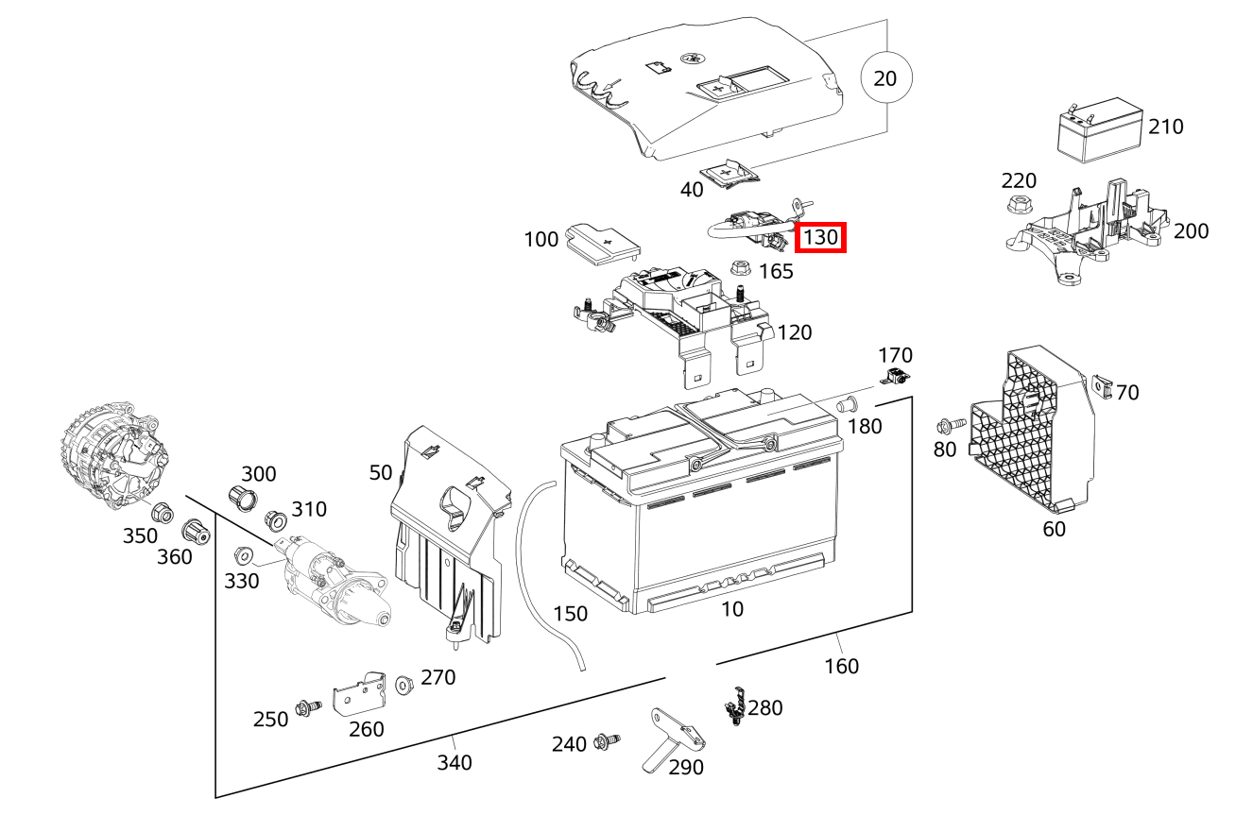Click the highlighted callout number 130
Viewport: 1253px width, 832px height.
click(819, 237)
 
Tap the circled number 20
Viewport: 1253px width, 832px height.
click(884, 78)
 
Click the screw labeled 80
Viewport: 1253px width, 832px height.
click(949, 426)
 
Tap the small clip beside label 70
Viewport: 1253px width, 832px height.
click(1101, 384)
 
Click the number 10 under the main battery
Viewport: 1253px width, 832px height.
click(732, 609)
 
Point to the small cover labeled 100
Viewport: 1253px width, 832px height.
click(601, 245)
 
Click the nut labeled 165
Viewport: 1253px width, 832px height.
click(741, 268)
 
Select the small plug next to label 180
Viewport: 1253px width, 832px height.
click(847, 405)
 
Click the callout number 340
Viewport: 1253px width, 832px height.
click(454, 761)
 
